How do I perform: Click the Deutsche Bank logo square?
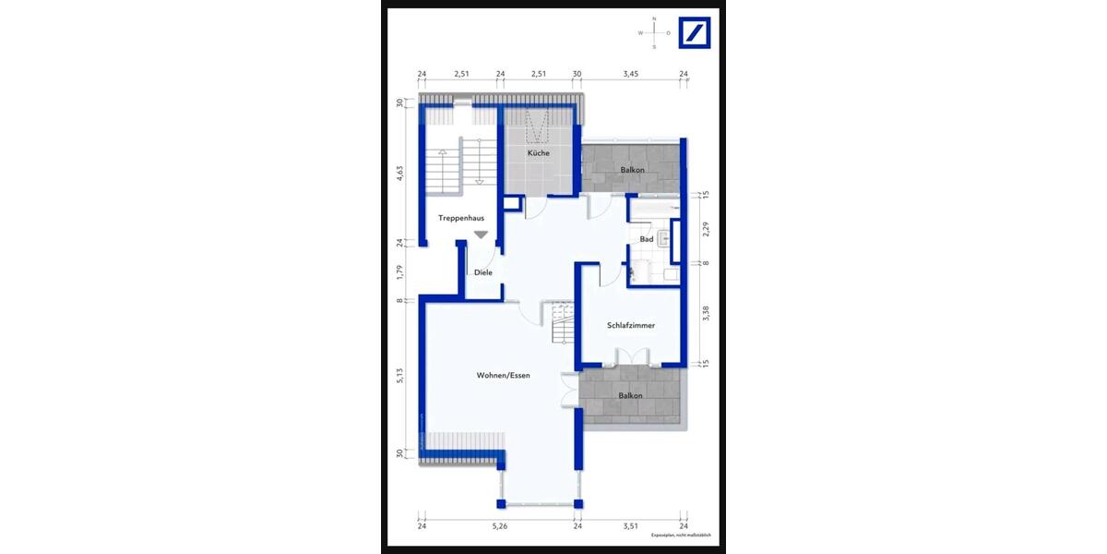pyautogui.click(x=695, y=32)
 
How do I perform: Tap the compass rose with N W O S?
pyautogui.click(x=654, y=32)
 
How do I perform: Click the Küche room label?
pyautogui.click(x=539, y=153)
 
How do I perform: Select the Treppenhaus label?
pyautogui.click(x=461, y=218)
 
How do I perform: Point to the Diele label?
pyautogui.click(x=482, y=272)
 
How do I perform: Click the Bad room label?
pyautogui.click(x=647, y=239)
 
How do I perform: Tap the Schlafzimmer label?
pyautogui.click(x=631, y=326)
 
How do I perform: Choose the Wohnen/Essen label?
pyautogui.click(x=503, y=376)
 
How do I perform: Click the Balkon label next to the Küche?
pyautogui.click(x=632, y=170)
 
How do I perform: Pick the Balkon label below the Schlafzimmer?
pyautogui.click(x=631, y=396)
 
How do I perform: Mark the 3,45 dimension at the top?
pyautogui.click(x=630, y=74)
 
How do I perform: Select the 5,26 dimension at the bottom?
pyautogui.click(x=499, y=526)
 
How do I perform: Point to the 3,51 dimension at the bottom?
pyautogui.click(x=630, y=526)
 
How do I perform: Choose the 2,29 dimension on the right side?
pyautogui.click(x=706, y=228)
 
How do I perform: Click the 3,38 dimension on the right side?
pyautogui.click(x=706, y=313)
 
